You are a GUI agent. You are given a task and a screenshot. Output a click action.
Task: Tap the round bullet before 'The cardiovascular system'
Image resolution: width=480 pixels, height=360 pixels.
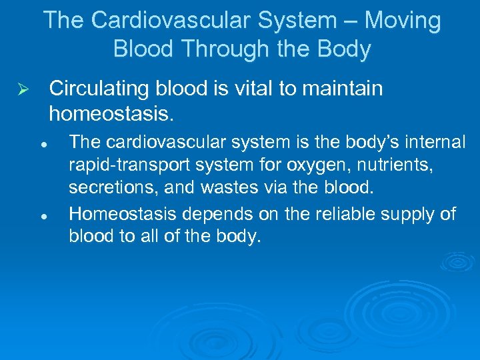(x=41, y=143)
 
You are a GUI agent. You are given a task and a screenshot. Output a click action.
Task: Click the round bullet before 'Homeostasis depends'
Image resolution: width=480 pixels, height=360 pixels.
(x=41, y=215)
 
